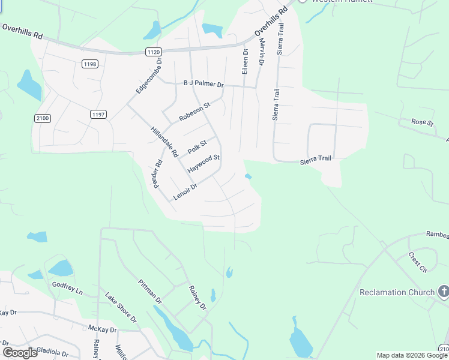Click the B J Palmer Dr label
point(203,85)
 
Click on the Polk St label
point(197,146)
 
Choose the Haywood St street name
point(204,164)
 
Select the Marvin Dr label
point(262,52)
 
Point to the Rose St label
point(423,122)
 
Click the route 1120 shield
point(153,53)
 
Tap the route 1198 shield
point(91,64)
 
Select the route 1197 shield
point(98,114)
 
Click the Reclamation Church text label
point(397,292)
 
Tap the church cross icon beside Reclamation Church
point(444,292)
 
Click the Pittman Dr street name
point(150,291)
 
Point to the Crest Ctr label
point(417,262)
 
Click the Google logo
point(20,352)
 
